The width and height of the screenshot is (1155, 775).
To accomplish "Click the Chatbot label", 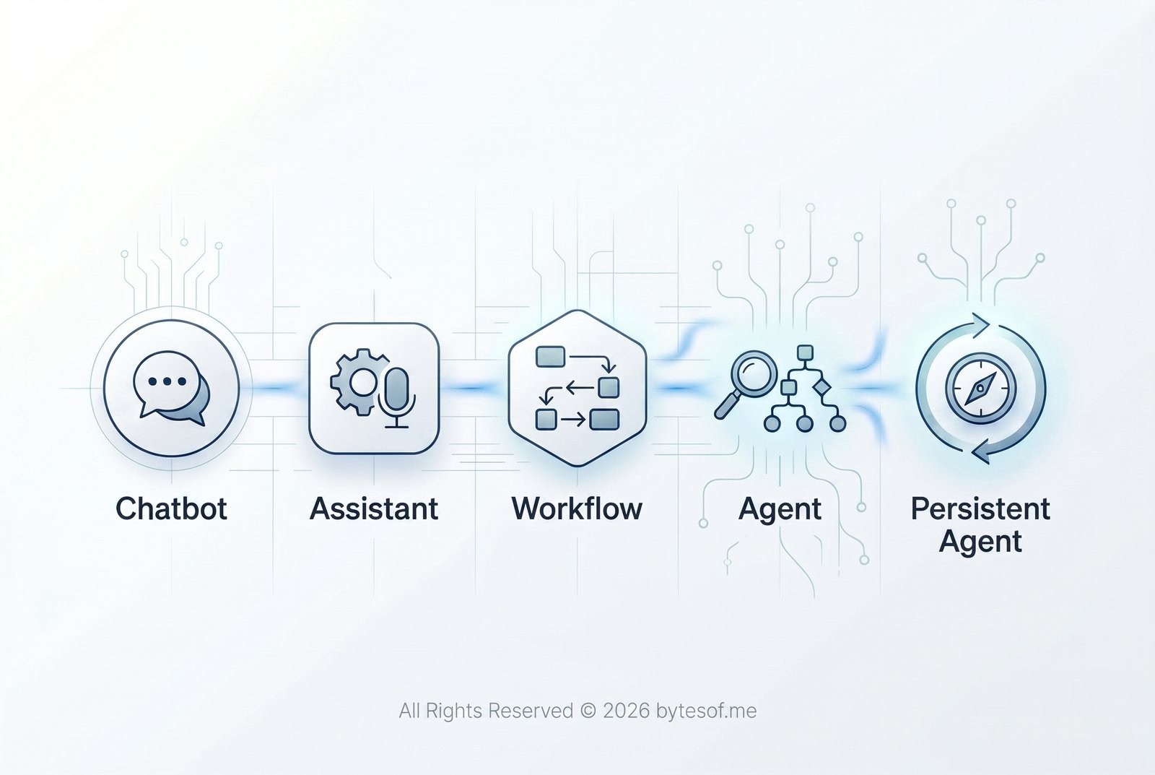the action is (171, 508).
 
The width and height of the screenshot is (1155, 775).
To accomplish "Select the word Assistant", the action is (374, 508).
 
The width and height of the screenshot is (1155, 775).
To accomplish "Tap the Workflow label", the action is (577, 508).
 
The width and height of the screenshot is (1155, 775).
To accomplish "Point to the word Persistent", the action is (980, 508).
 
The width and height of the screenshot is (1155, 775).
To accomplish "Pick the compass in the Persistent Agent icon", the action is (980, 388).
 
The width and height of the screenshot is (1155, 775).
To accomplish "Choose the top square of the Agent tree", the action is (805, 353).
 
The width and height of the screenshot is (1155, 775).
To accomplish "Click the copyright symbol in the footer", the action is (588, 711).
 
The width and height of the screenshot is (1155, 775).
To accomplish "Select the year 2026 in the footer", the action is (627, 711).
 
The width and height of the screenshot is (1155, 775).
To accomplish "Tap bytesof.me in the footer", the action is (707, 711).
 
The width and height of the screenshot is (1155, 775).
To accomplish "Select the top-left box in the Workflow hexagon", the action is (551, 357).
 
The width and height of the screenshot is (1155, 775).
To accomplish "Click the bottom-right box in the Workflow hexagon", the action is (604, 419).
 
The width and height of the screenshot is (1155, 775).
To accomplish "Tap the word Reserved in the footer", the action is (530, 711).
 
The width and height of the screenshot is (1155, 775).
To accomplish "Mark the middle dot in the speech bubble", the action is (167, 381).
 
